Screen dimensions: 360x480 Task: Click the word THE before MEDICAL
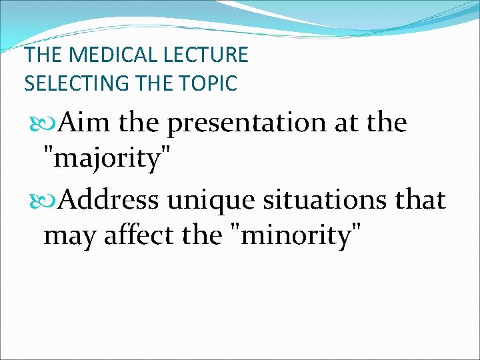coord(44,55)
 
